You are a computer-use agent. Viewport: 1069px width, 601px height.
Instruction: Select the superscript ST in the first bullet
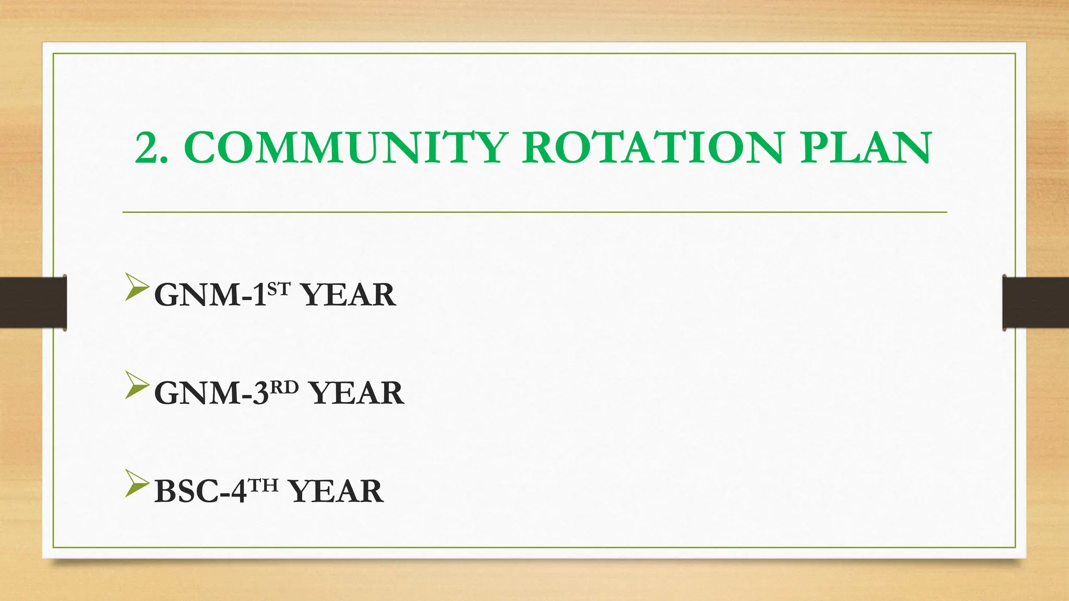[279, 289]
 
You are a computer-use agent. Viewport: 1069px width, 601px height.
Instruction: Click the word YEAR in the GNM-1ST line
[349, 295]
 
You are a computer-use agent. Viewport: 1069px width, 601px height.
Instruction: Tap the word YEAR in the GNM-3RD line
[357, 393]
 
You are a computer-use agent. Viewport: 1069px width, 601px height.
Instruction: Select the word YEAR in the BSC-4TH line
[337, 491]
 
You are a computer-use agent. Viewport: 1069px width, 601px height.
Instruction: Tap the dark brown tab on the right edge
[1036, 303]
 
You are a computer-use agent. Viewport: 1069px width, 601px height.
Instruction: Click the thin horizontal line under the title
[534, 212]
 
